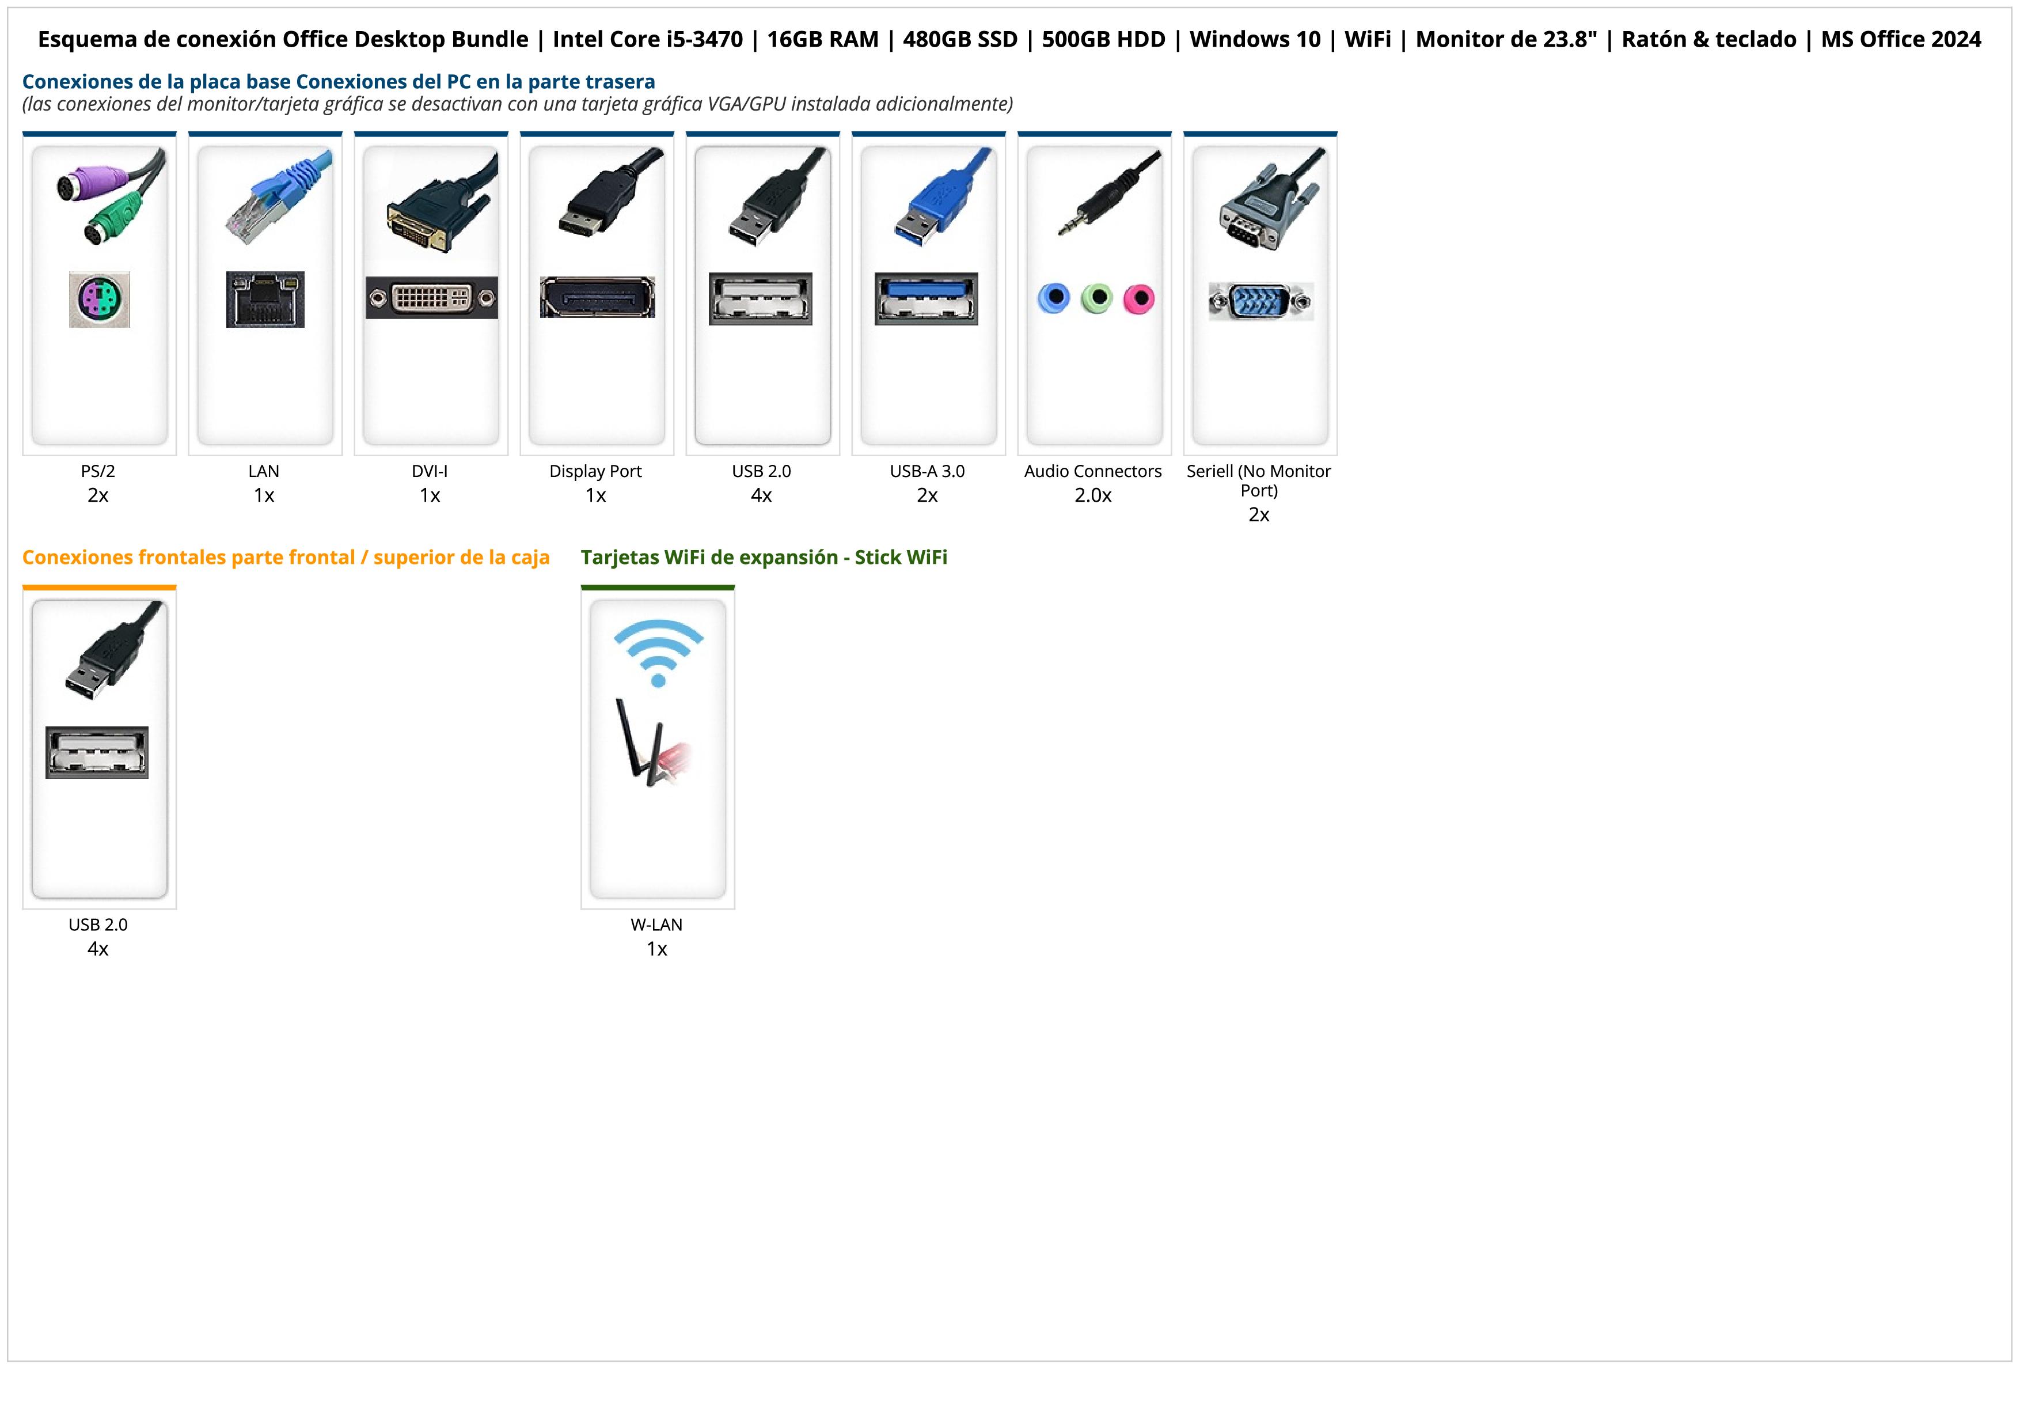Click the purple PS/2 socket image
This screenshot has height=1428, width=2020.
pos(100,299)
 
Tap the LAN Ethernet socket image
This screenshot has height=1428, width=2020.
pos(265,299)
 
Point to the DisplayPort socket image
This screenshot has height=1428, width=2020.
pos(597,297)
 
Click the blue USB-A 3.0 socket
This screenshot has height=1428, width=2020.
pos(925,298)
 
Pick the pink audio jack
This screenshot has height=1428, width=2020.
pos(1138,298)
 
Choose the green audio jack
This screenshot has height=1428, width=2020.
pos(1096,298)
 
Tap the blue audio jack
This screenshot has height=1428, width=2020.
pos(1054,298)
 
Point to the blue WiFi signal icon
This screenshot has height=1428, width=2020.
pos(658,651)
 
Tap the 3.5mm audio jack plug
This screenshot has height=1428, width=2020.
pos(1107,194)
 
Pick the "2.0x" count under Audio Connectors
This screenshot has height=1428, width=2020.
pos(1093,495)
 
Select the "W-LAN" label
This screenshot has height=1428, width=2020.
pos(656,925)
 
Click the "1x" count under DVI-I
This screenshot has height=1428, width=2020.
pos(430,495)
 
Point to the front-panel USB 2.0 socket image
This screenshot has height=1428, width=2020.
pos(97,752)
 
